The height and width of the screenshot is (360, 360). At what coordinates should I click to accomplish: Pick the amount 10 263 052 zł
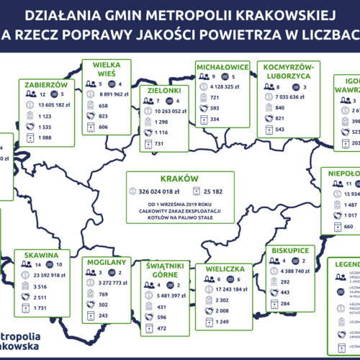[170, 113]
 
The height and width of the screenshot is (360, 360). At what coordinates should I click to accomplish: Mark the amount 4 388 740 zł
[294, 271]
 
